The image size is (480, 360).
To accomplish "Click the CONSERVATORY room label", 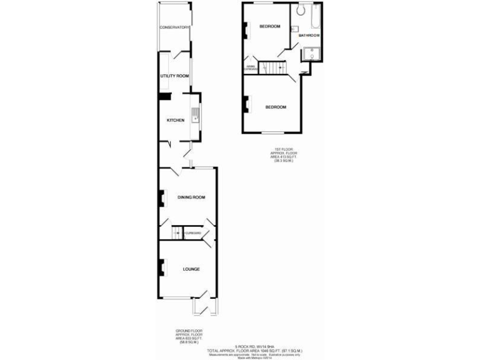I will click(x=174, y=27).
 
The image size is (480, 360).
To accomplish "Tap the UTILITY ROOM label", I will click(x=174, y=76).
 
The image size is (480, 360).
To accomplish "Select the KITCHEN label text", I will click(x=175, y=120).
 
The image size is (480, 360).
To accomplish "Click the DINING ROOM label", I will click(x=191, y=197).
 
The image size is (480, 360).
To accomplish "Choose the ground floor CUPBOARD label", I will click(x=193, y=233).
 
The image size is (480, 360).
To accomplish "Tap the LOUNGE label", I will click(x=191, y=269).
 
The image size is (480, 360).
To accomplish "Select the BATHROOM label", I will click(x=309, y=36).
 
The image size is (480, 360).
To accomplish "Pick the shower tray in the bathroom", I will click(x=311, y=54).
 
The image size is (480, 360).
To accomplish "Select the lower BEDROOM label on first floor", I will click(x=276, y=107).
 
